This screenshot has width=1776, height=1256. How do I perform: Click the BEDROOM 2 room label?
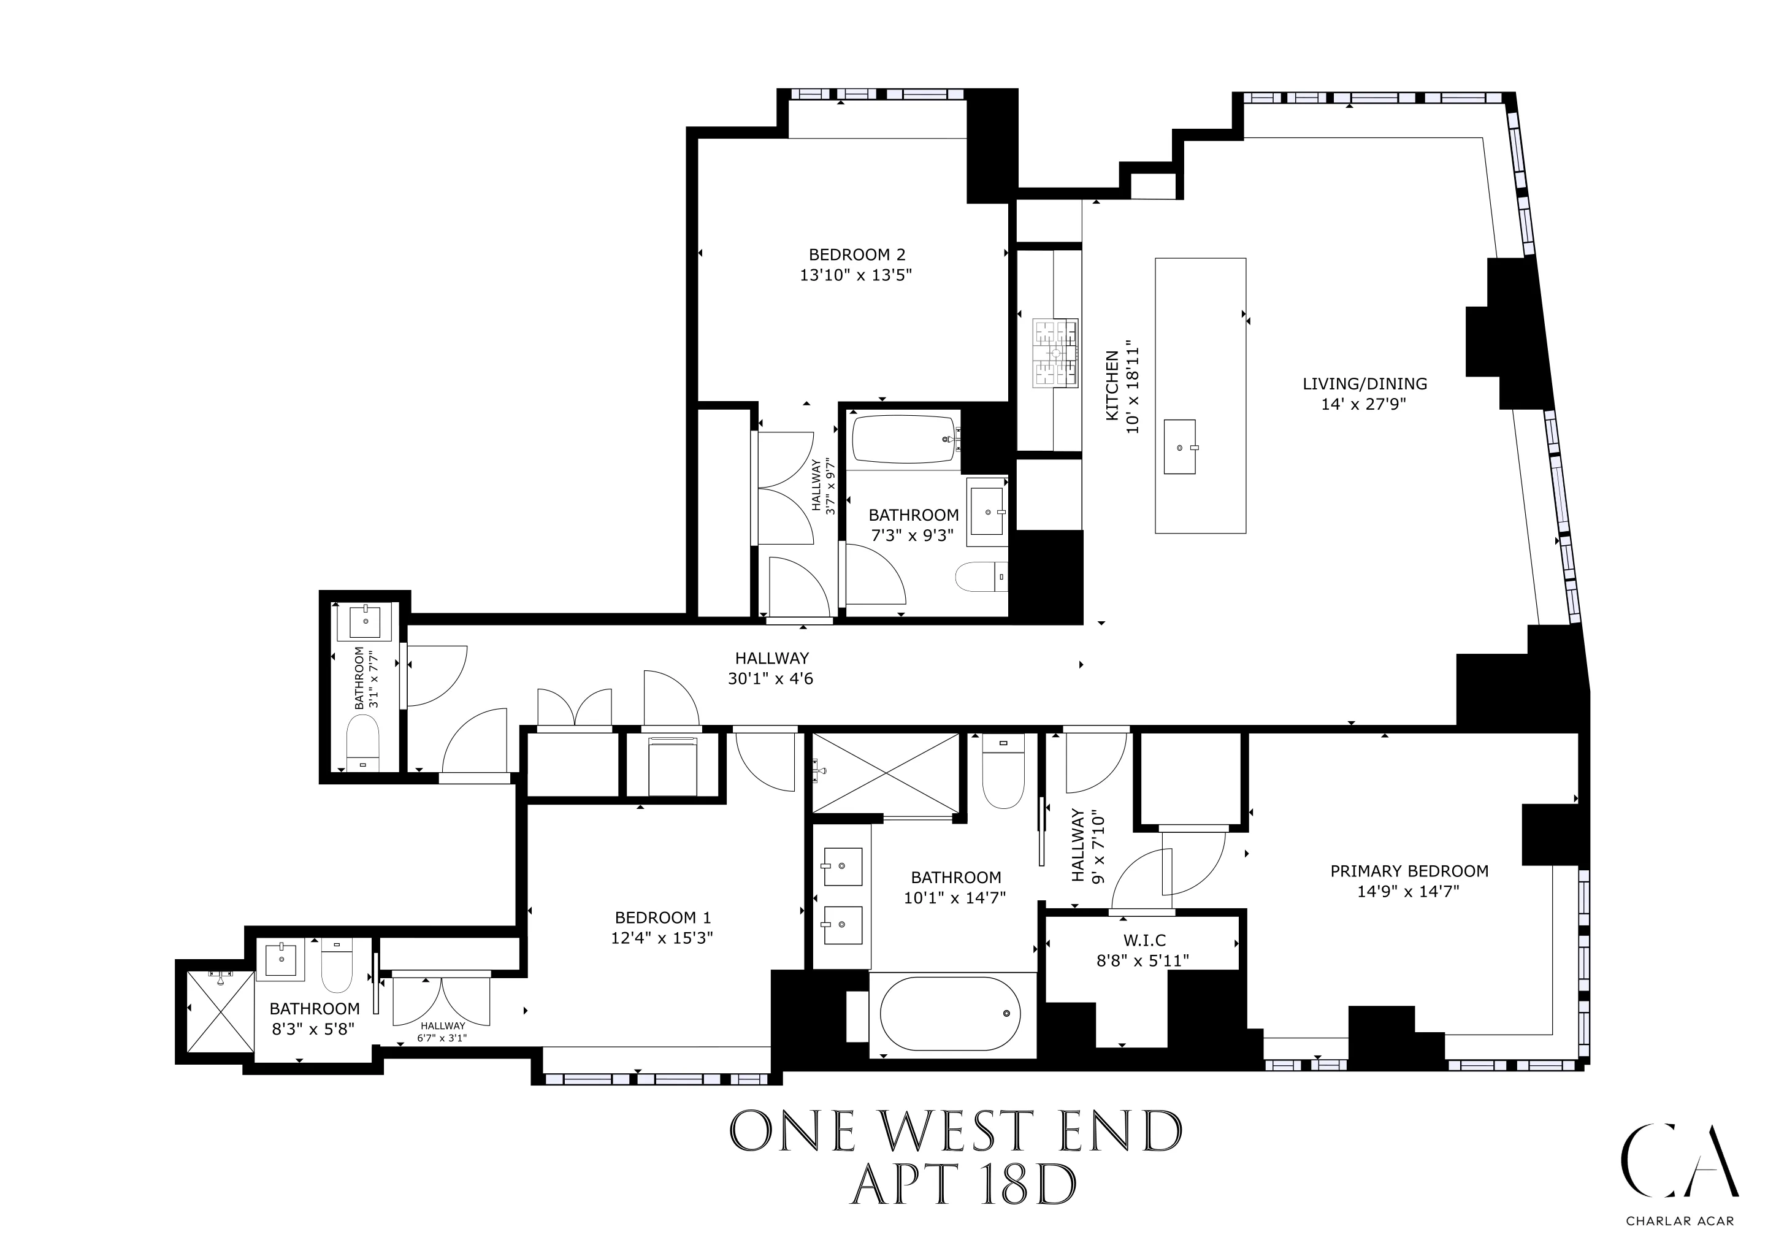tap(856, 255)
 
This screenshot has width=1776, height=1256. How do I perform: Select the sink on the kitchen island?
tap(1180, 446)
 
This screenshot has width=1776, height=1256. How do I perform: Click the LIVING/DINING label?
tap(1365, 383)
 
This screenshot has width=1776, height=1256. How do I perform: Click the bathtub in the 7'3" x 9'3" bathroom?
tap(903, 439)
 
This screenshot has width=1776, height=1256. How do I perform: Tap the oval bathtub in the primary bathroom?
tap(950, 1013)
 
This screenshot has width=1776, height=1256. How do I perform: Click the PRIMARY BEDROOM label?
tap(1409, 871)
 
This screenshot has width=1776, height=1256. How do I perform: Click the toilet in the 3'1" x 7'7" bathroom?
tap(362, 741)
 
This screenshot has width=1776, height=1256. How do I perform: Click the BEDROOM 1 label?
tap(662, 917)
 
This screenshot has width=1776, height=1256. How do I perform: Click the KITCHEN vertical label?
tap(1112, 386)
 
